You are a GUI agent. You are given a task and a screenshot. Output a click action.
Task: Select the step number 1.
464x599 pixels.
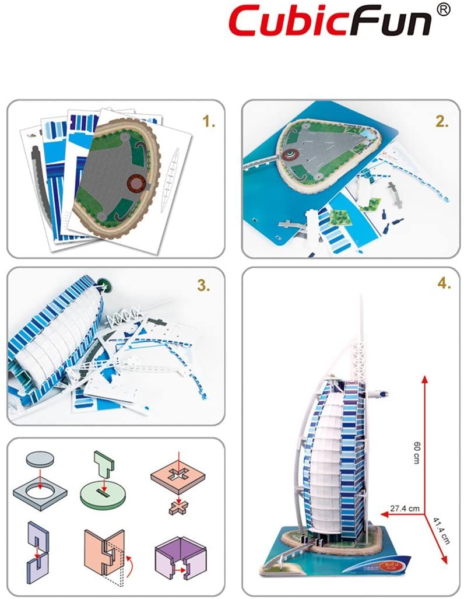pyautogui.click(x=209, y=122)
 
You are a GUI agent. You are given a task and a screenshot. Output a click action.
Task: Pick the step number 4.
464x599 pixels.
pyautogui.click(x=442, y=285)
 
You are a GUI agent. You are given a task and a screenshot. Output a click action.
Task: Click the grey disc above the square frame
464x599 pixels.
pyautogui.click(x=40, y=460)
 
